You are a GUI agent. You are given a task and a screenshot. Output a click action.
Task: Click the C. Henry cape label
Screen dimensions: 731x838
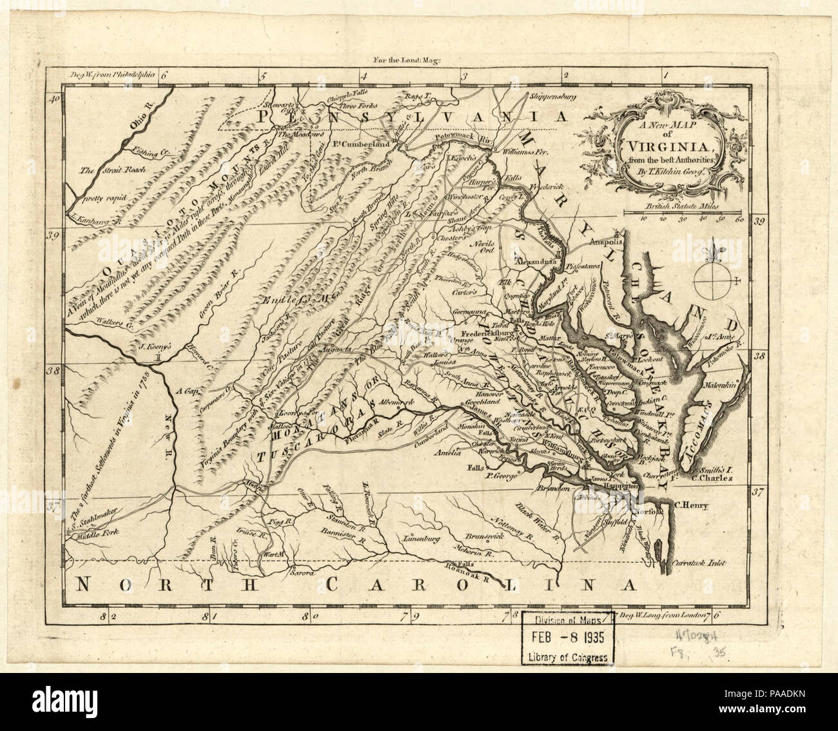click(691, 505)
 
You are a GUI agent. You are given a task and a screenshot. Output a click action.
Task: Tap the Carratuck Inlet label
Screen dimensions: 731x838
click(699, 563)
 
